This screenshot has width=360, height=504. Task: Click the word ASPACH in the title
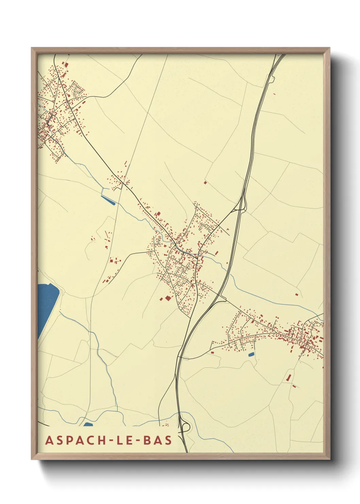click(x=76, y=440)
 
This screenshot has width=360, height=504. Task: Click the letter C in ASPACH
click(x=89, y=440)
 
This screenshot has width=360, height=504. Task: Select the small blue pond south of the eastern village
click(x=251, y=355)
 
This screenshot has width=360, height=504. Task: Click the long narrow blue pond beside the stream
click(x=108, y=200)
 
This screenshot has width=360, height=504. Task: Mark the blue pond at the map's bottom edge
click(x=88, y=424)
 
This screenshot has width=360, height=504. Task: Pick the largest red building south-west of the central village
click(x=167, y=298)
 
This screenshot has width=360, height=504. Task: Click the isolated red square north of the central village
click(x=205, y=183)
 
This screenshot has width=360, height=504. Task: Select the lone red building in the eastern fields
click(x=296, y=294)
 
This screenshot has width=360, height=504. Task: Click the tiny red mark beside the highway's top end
click(x=274, y=94)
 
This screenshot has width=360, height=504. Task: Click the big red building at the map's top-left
click(x=66, y=64)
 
